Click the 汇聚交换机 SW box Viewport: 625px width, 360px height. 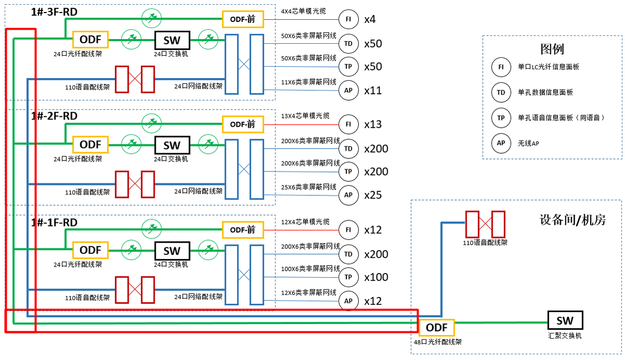point(565,320)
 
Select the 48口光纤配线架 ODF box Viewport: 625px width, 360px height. point(436,328)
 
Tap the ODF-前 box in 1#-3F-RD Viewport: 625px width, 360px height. point(243,19)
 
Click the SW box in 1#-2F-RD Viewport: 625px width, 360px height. point(172,145)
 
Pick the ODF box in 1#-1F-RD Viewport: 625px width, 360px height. point(91,251)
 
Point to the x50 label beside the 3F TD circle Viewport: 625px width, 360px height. point(373,44)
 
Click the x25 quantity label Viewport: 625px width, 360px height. point(373,195)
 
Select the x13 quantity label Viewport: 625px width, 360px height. point(373,124)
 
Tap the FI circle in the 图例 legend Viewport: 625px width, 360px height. point(501,67)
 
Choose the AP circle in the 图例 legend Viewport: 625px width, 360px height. point(501,143)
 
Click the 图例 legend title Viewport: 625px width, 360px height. point(552,49)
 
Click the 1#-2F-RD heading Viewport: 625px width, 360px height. point(54,116)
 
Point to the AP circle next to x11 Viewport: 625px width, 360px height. point(348,91)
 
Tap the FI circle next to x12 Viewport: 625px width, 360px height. point(348,230)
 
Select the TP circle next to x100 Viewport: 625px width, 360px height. point(348,277)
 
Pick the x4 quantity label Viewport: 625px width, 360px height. point(370,20)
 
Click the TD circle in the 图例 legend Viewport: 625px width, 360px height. point(501,93)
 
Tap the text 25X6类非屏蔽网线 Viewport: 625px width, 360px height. point(308,187)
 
